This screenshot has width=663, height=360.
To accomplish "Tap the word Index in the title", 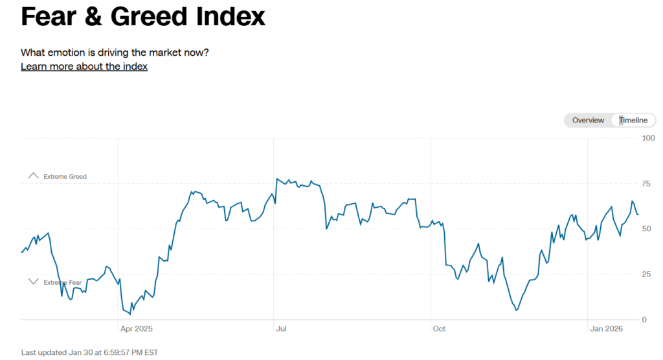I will click(230, 17).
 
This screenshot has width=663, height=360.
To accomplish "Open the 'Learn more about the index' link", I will click(84, 67).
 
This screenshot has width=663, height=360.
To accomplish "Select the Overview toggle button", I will click(588, 120).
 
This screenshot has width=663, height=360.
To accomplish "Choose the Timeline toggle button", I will click(633, 120).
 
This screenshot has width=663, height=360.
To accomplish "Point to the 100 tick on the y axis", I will click(648, 138).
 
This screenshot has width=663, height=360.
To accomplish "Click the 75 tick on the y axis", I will click(646, 183).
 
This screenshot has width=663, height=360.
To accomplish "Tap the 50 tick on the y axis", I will click(646, 229).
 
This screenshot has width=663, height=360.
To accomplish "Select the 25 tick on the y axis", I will click(646, 275).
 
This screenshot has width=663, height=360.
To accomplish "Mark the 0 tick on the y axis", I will click(644, 320).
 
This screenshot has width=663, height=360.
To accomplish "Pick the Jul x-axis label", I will click(281, 329).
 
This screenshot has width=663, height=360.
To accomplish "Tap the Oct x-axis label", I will click(439, 329).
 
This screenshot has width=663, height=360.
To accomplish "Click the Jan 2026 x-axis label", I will click(607, 329).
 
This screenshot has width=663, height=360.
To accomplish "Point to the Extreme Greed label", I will click(65, 176).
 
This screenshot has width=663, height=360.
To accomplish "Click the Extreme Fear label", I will click(63, 282).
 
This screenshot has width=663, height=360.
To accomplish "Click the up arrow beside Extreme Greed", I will click(34, 175).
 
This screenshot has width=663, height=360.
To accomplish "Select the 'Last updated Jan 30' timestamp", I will click(89, 352).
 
